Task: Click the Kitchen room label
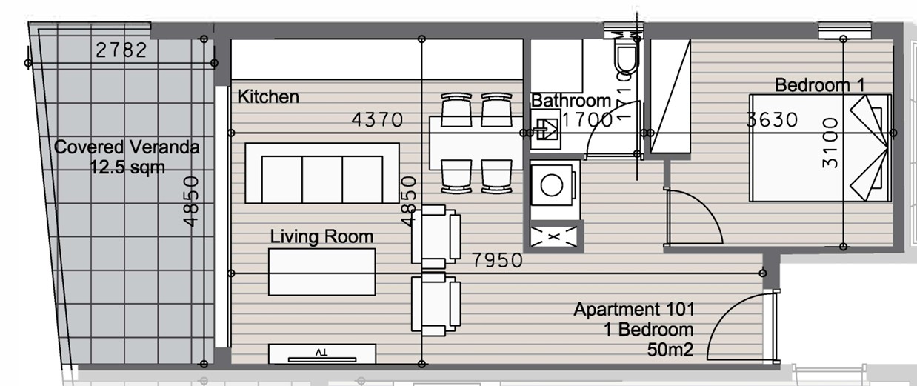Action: (x=268, y=97)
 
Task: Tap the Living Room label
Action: (x=321, y=237)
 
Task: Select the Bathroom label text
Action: (x=571, y=101)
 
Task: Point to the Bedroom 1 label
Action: (x=819, y=85)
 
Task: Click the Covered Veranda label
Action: (x=127, y=147)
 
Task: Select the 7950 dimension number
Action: (x=498, y=261)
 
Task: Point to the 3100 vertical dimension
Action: (x=831, y=142)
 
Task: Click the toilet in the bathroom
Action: (x=624, y=56)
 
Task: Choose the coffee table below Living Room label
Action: (x=322, y=272)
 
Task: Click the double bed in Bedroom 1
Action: (x=818, y=148)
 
